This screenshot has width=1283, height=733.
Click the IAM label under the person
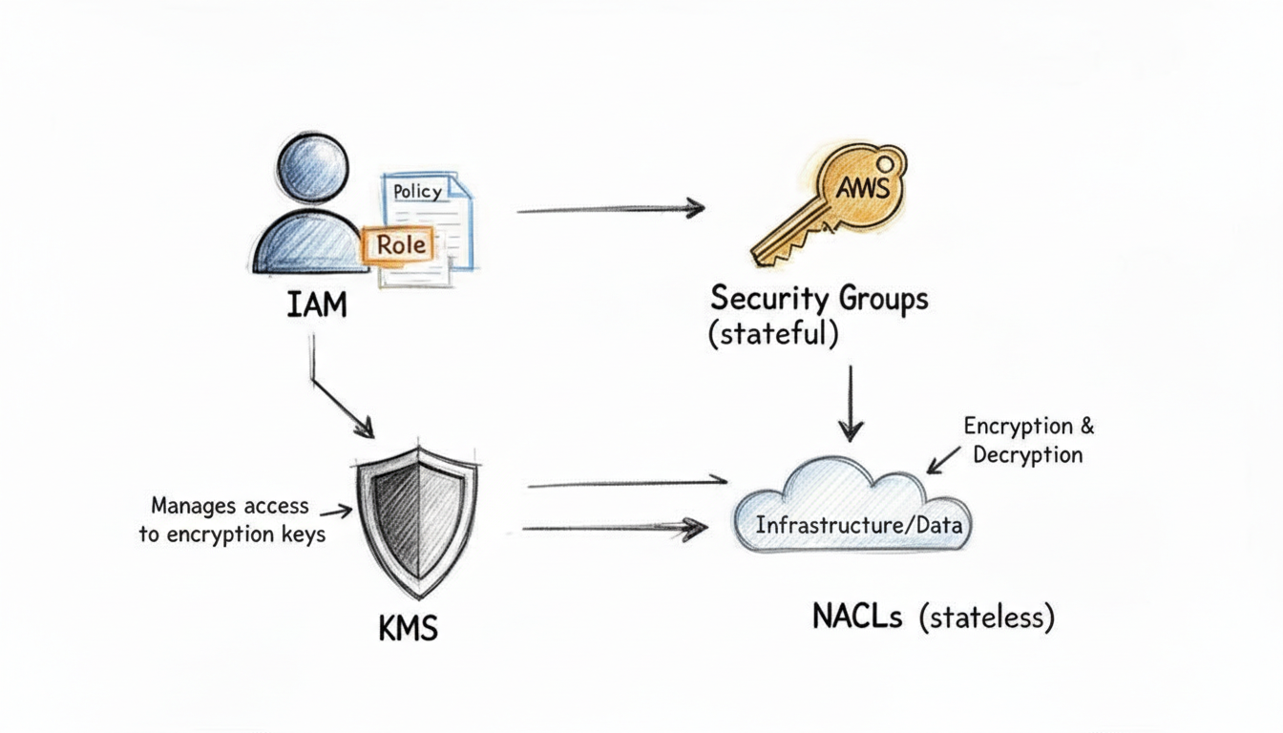(316, 306)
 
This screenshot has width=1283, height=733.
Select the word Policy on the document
(418, 191)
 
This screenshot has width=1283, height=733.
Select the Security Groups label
(818, 298)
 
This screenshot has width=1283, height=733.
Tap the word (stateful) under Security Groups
(773, 335)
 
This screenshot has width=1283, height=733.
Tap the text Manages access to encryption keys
(232, 520)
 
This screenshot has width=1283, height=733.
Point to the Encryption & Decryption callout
(1027, 439)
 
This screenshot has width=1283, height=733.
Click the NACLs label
(857, 617)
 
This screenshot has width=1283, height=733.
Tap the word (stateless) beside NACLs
(987, 617)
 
